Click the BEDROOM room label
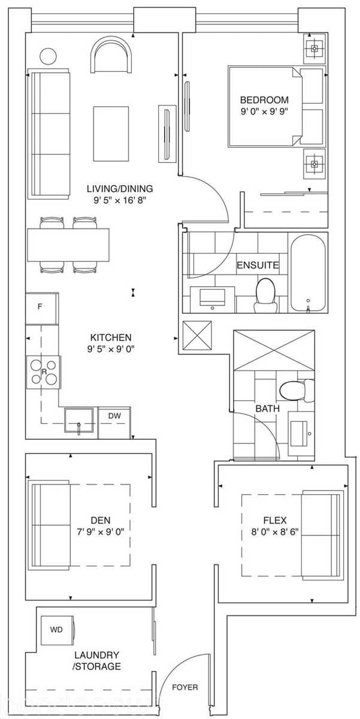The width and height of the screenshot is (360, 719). tap(264, 100)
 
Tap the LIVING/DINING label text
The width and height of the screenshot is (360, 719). tap(116, 188)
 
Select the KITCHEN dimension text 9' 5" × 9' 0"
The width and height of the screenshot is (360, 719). tap(111, 349)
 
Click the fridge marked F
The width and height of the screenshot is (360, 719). tap(41, 307)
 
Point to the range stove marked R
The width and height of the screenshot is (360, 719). tap(44, 371)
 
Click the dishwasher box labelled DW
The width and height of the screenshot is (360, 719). tap(114, 415)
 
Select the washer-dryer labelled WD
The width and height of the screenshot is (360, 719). tap(57, 630)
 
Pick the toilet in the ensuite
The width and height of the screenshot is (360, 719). tap(264, 295)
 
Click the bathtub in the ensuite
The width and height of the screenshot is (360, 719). tap(308, 273)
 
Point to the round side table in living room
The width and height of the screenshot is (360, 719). tap(47, 56)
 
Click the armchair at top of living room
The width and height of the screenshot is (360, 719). tap(110, 55)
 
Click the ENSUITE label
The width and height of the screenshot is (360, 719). tap(257, 265)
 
